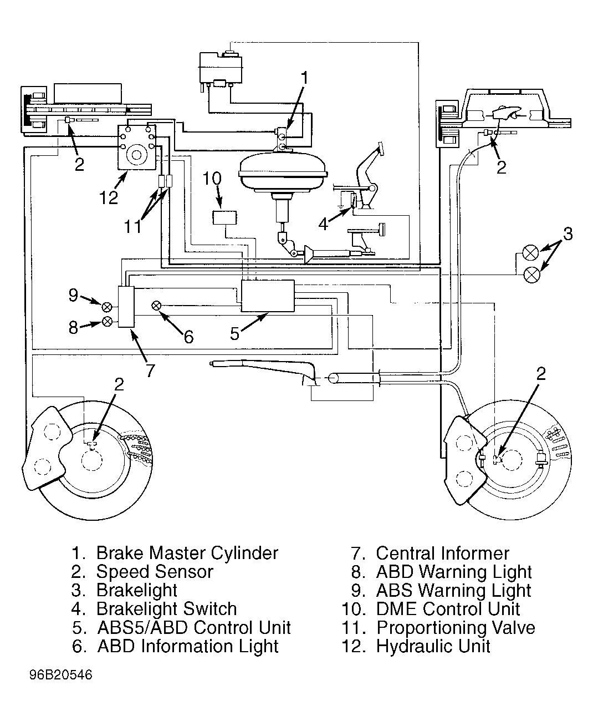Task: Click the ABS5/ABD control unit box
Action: (268, 296)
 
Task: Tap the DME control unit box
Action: (224, 218)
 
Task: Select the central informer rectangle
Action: (126, 307)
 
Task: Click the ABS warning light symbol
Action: (107, 307)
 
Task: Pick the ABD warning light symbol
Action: (107, 322)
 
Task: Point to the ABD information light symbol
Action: (156, 306)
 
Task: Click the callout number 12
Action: (108, 197)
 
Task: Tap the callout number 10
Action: (212, 178)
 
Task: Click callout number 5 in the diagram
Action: (234, 334)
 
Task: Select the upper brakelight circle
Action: (531, 253)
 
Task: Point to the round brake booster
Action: (283, 172)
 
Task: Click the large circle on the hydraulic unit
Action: (137, 155)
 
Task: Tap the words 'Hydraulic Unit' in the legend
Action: (433, 646)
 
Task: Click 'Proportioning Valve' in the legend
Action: (456, 627)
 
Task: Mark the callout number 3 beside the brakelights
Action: (568, 234)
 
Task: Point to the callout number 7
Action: (150, 370)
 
